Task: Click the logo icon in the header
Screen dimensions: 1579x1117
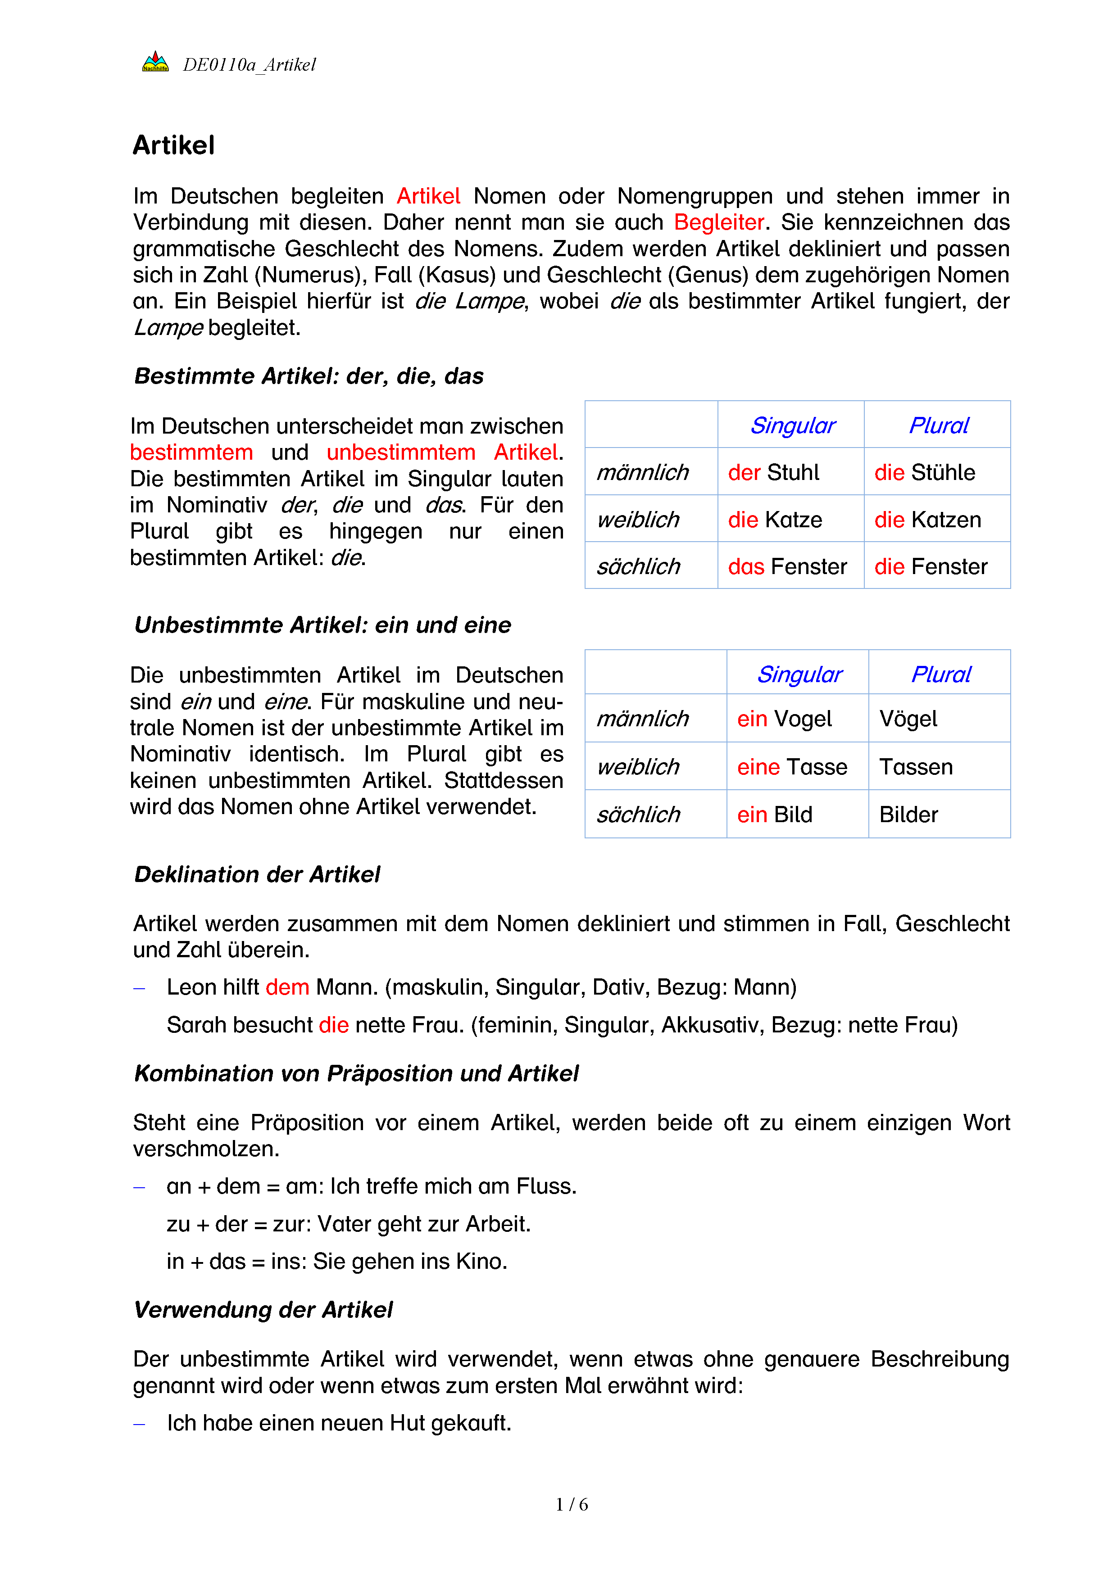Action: [155, 63]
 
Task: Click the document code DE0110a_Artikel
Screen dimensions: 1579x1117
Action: [249, 65]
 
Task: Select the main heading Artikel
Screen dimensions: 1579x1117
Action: [173, 146]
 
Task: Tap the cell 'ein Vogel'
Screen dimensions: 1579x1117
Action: [784, 719]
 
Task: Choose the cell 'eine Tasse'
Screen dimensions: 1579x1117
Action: [792, 767]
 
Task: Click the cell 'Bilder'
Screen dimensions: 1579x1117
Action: [908, 815]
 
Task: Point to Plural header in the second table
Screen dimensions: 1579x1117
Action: [940, 674]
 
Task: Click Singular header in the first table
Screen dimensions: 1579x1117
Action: [792, 425]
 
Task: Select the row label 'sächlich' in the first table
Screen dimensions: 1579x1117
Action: [638, 567]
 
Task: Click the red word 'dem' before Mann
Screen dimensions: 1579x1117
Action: [287, 987]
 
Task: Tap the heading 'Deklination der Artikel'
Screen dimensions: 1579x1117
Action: [257, 875]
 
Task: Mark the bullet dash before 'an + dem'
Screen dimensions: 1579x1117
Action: [140, 1188]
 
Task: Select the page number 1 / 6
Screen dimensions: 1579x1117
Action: [572, 1505]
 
